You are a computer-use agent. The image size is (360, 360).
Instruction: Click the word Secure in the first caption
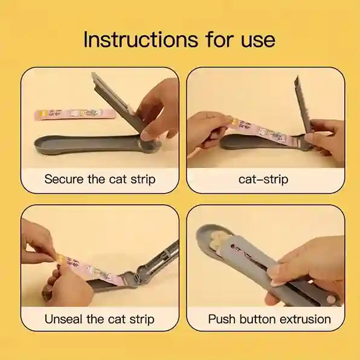(x=65, y=179)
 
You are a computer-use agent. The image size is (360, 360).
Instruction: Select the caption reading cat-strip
(x=264, y=179)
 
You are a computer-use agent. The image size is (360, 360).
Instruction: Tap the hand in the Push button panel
(x=308, y=260)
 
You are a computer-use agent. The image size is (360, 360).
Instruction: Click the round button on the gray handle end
(x=331, y=300)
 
